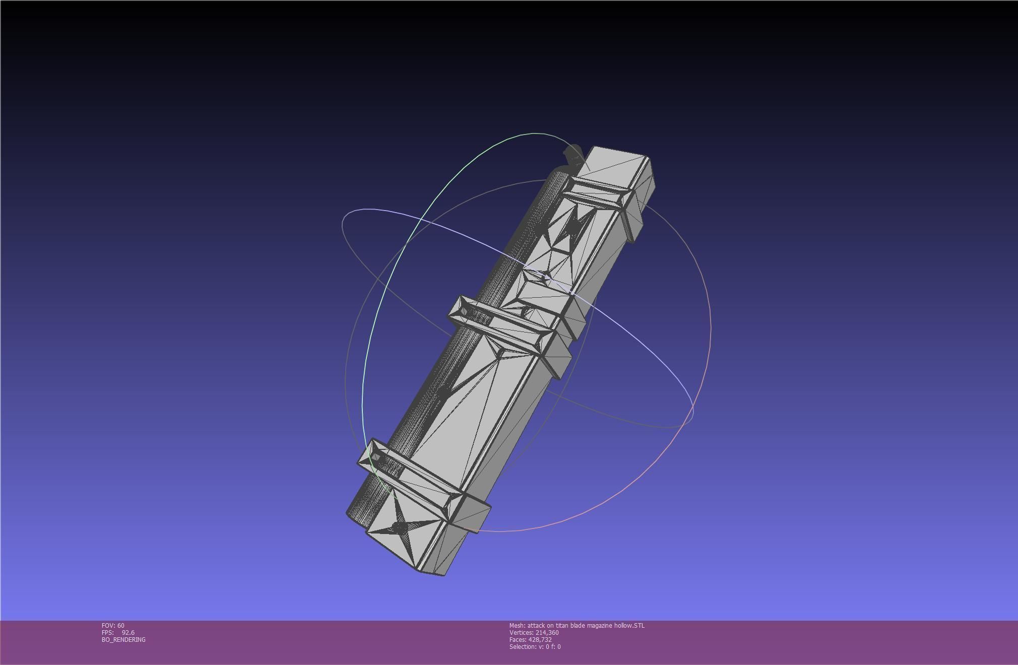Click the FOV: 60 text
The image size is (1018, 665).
point(113,625)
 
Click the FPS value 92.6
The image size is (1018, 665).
point(128,632)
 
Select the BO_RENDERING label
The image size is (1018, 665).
point(123,639)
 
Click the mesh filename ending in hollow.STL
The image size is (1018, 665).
point(577,625)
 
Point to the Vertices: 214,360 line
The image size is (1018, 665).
point(534,632)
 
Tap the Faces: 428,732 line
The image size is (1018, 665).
point(530,639)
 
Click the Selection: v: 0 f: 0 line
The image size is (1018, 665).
point(535,646)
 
